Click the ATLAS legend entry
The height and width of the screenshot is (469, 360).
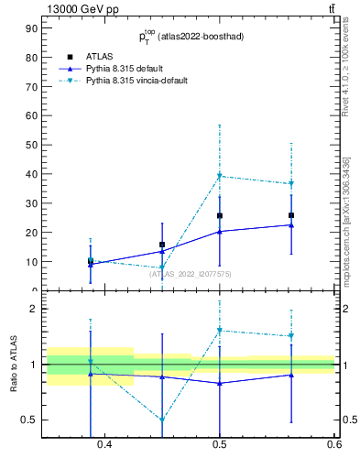100,56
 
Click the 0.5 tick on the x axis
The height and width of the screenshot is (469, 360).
220,445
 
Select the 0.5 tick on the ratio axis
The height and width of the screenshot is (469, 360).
30,420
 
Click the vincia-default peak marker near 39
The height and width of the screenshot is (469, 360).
220,176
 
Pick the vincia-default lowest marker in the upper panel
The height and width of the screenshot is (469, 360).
162,268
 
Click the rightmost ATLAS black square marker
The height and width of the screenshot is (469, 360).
291,215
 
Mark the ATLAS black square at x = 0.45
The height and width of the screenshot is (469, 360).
162,245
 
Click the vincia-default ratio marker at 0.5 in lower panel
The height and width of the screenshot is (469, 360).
220,330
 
